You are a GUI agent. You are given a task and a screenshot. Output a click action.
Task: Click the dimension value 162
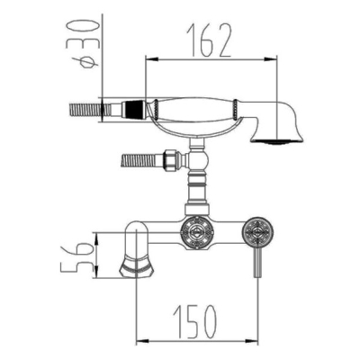(x=209, y=40)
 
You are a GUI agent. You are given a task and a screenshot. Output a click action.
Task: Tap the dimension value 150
(x=194, y=321)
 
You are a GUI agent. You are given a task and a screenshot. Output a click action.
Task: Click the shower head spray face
(x=277, y=141)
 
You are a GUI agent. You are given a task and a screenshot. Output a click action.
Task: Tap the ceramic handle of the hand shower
(x=195, y=110)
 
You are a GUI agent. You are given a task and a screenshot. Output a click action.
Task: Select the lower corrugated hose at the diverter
(x=141, y=160)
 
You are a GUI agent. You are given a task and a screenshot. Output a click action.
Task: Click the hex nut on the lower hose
(x=170, y=158)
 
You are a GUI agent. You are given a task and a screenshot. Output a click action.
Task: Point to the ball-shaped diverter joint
(x=197, y=159)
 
